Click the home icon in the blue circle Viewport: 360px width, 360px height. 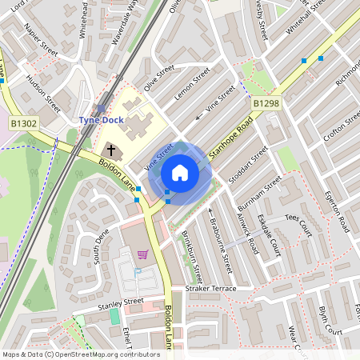pyautogui.click(x=180, y=173)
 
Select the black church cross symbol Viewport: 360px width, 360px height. pyautogui.click(x=110, y=150)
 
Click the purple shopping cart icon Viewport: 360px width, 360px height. pyautogui.click(x=142, y=254)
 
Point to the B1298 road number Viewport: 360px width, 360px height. pyautogui.click(x=266, y=104)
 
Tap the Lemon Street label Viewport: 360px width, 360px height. pyautogui.click(x=192, y=84)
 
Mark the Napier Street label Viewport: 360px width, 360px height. pyautogui.click(x=42, y=39)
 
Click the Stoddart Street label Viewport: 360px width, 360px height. pyautogui.click(x=248, y=165)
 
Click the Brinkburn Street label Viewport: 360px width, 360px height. pyautogui.click(x=194, y=251)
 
